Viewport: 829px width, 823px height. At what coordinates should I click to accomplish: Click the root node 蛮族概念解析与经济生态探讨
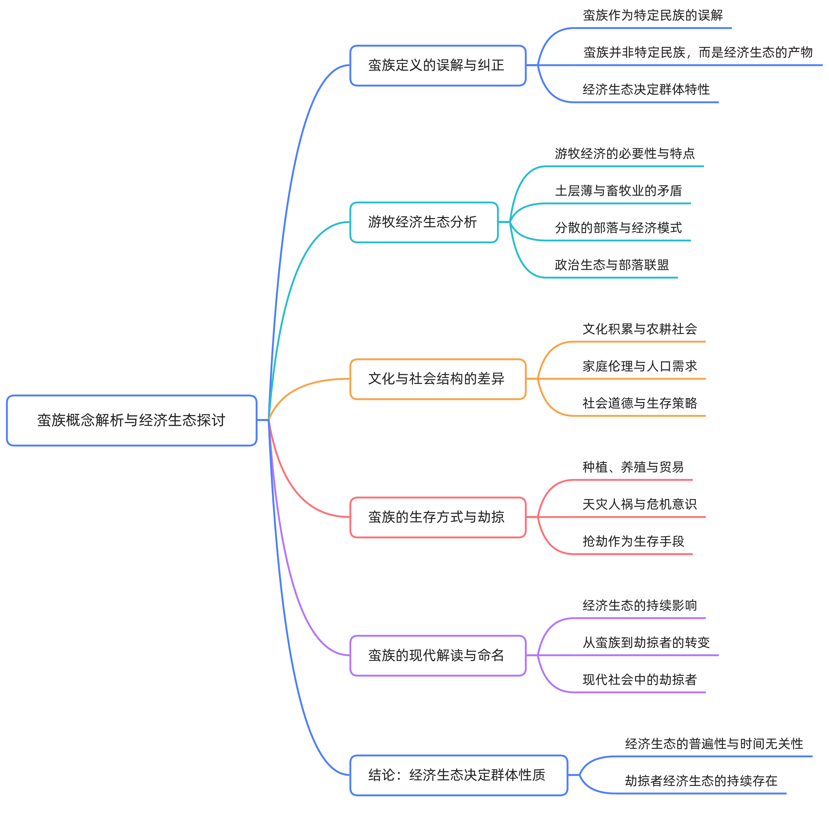click(131, 420)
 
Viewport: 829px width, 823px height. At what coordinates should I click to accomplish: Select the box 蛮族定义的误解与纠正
click(438, 66)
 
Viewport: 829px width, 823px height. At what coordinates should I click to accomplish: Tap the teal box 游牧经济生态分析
click(424, 222)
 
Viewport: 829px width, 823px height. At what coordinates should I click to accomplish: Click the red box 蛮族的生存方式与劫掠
click(438, 517)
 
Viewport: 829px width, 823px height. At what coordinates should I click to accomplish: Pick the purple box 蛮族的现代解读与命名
click(438, 655)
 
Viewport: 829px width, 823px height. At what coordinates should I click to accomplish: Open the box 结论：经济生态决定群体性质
click(458, 775)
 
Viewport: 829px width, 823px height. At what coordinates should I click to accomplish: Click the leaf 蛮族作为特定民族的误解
click(652, 16)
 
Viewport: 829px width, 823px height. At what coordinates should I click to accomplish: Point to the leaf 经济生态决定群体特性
click(646, 90)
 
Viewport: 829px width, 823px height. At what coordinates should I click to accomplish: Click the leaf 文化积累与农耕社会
click(639, 329)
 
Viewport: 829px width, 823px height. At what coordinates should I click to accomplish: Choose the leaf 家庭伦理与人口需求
click(639, 366)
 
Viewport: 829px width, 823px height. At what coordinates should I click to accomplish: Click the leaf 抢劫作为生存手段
click(633, 542)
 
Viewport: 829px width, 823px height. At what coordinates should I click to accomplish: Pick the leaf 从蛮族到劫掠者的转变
click(646, 643)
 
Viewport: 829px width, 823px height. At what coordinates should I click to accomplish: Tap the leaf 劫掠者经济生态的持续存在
click(701, 781)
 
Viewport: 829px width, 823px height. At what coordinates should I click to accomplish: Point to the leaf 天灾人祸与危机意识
click(639, 504)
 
